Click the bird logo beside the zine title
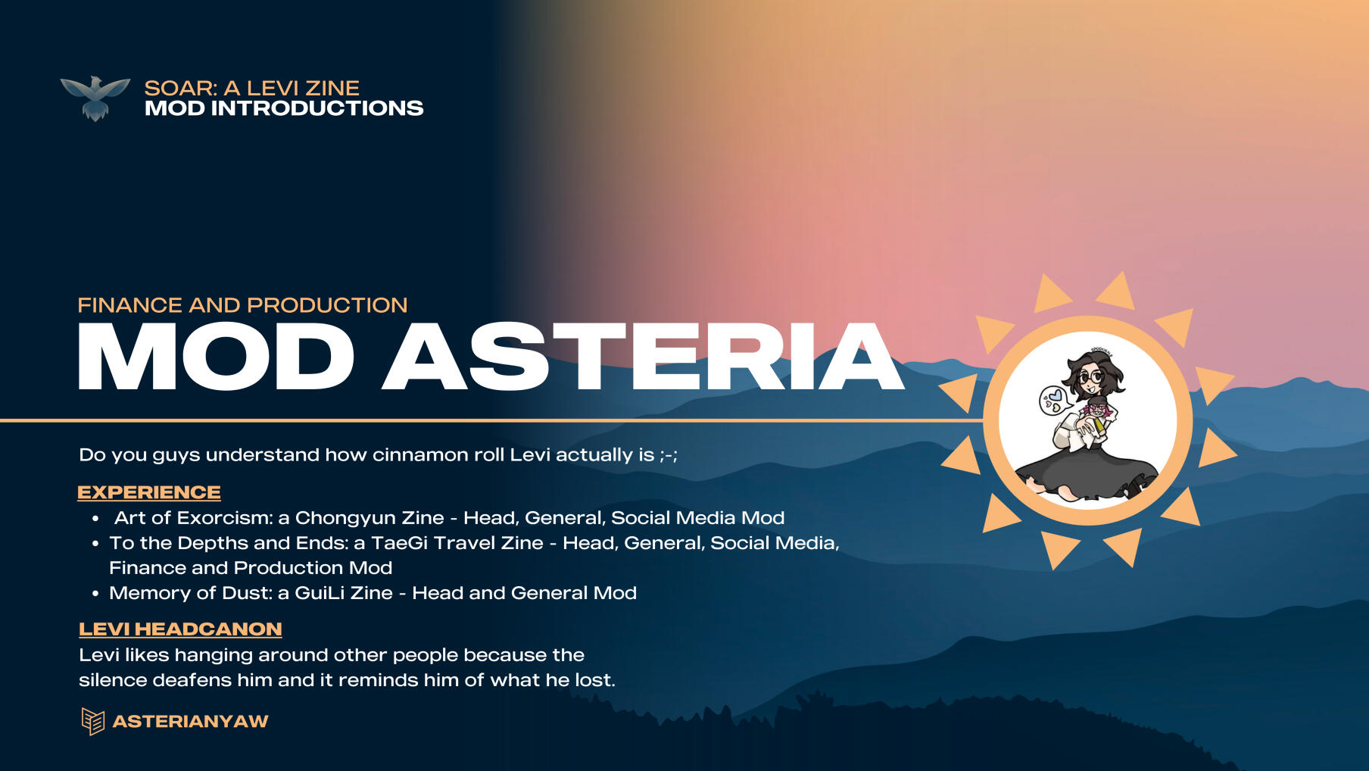95,98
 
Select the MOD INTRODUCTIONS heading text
284,108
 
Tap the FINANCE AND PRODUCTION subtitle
242,305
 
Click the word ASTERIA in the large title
644,356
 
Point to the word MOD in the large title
216,356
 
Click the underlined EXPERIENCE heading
149,492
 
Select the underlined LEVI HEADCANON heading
180,629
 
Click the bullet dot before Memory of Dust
95,594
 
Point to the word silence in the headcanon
113,680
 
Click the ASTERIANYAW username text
190,721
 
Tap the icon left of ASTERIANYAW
92,722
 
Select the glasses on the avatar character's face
1091,376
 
